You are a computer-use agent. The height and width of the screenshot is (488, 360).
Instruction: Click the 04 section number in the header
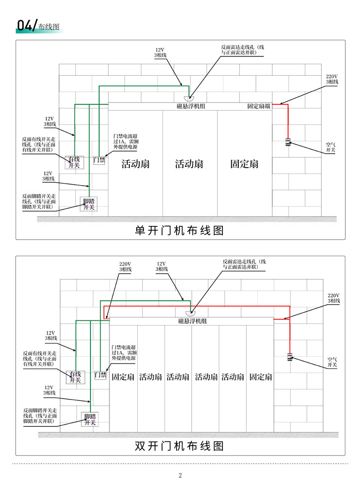24,26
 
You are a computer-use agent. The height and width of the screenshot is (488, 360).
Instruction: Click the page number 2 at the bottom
180,475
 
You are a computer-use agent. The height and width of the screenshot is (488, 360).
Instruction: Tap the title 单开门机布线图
180,230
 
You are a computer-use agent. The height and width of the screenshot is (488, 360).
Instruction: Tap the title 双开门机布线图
180,446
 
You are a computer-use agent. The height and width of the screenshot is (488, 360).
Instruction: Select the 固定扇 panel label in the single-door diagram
244,164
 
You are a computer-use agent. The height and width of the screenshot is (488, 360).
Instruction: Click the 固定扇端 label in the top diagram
259,106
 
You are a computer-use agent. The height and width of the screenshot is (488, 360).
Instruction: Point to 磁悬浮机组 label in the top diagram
191,106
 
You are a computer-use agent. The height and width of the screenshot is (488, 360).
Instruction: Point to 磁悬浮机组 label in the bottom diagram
192,321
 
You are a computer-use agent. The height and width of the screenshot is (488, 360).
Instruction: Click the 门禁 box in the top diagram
99,160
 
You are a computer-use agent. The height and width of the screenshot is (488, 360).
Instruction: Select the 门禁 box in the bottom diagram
101,375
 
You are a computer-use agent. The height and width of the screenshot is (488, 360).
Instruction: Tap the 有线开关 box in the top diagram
74,162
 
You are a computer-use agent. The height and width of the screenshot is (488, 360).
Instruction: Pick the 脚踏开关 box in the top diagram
89,204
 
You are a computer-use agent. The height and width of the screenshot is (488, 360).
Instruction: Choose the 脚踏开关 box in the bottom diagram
90,419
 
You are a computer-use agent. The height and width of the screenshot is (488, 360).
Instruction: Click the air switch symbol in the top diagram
288,142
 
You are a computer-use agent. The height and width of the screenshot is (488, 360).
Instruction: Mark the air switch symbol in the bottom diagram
289,357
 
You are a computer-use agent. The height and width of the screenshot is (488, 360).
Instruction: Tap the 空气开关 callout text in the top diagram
330,147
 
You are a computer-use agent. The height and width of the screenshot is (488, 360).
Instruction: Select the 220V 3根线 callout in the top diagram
332,79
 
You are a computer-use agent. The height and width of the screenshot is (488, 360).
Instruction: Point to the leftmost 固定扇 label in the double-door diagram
123,377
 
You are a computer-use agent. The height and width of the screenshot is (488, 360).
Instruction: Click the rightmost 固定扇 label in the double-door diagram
261,377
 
